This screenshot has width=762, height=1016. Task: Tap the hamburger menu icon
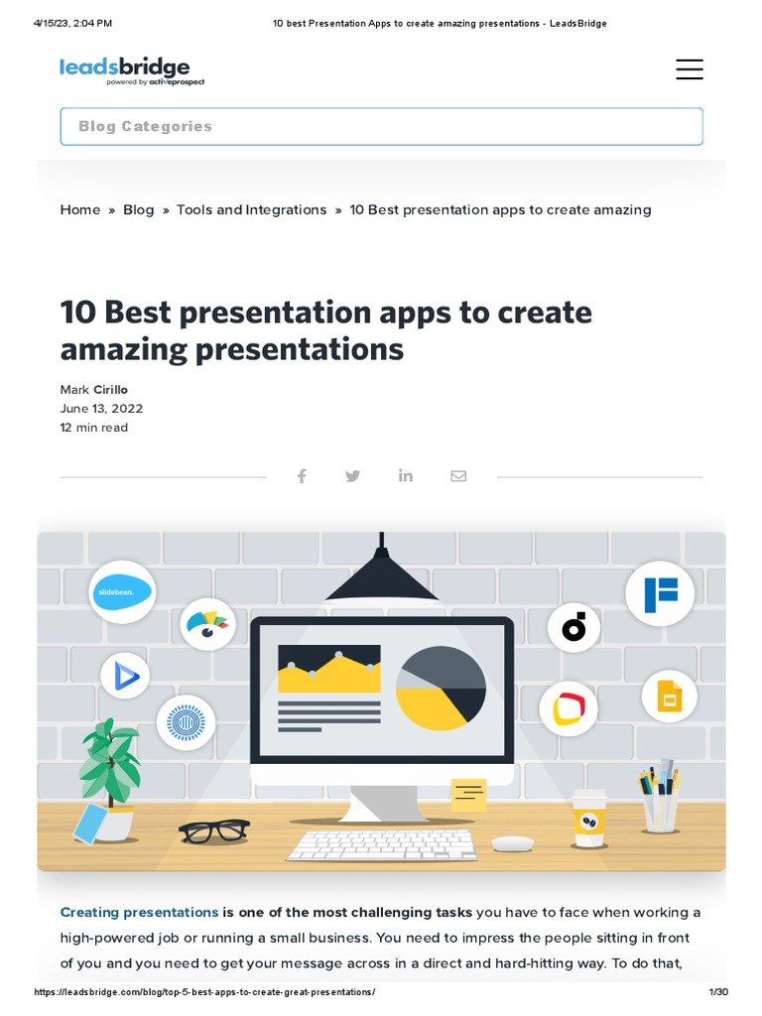(x=689, y=69)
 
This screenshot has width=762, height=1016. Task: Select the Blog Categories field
(x=381, y=127)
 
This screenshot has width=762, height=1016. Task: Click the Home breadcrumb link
(x=80, y=209)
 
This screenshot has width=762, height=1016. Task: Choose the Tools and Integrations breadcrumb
(x=251, y=209)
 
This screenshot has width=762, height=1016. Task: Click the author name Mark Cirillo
(x=94, y=390)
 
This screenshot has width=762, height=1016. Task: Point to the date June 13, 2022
(x=101, y=409)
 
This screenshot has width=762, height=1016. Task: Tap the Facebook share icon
(x=302, y=476)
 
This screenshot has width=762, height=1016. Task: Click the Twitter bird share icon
(x=352, y=476)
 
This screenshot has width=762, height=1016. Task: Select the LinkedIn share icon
(x=406, y=476)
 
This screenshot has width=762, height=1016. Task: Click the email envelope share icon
(x=458, y=476)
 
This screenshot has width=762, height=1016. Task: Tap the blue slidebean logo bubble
(x=122, y=592)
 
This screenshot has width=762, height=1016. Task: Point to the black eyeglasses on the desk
(x=213, y=830)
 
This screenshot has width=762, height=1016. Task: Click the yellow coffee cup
(x=588, y=819)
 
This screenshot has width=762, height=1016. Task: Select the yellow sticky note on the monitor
(x=468, y=794)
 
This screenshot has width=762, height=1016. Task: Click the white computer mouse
(x=512, y=843)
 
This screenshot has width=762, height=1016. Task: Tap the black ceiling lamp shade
(x=381, y=584)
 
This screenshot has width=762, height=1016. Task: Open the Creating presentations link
(x=139, y=912)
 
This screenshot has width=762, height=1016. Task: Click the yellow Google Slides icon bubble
(x=669, y=697)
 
